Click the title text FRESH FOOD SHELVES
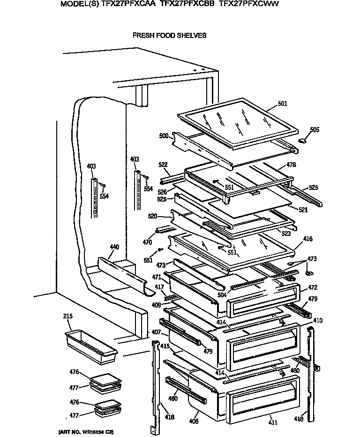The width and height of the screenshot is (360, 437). [x=169, y=35]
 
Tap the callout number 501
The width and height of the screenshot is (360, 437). [x=283, y=104]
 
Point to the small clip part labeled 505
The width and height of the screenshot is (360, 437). [x=304, y=140]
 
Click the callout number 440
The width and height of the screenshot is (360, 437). [x=114, y=247]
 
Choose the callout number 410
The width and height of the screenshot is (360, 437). [x=318, y=321]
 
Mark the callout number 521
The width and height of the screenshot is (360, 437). [x=303, y=210]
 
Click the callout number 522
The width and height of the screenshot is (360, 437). [x=163, y=165]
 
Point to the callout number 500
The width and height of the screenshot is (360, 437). [x=164, y=136]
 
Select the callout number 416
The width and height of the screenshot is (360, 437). [x=308, y=239]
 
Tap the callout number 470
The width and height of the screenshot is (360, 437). [x=147, y=242]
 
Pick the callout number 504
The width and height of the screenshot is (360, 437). [x=222, y=295]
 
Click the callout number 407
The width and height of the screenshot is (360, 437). [x=156, y=332]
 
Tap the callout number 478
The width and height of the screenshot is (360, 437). [x=291, y=165]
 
